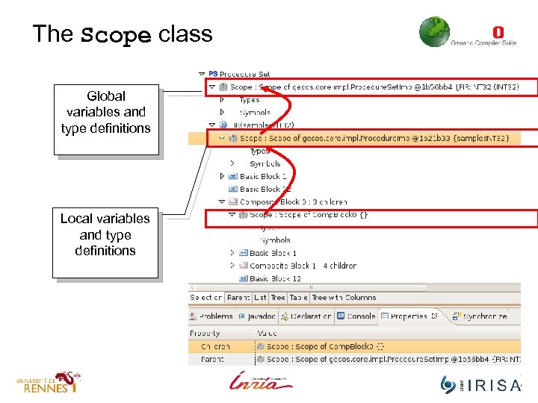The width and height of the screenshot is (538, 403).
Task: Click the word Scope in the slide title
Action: tap(116, 34)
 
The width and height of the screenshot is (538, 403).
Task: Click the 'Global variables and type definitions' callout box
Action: tap(105, 113)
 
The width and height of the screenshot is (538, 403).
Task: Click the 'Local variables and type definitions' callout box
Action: tap(105, 235)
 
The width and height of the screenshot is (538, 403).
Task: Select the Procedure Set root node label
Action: tap(244, 74)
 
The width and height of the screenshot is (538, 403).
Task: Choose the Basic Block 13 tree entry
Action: tap(275, 278)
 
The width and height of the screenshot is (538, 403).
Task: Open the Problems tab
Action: tap(216, 316)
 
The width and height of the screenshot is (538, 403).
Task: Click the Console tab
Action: tap(356, 316)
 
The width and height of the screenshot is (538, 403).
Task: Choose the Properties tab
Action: tap(409, 316)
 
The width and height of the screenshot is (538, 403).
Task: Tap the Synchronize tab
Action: tap(484, 316)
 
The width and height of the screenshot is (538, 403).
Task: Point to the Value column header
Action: tap(267, 334)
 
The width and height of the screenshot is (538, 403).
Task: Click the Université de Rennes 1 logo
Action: tap(49, 383)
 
